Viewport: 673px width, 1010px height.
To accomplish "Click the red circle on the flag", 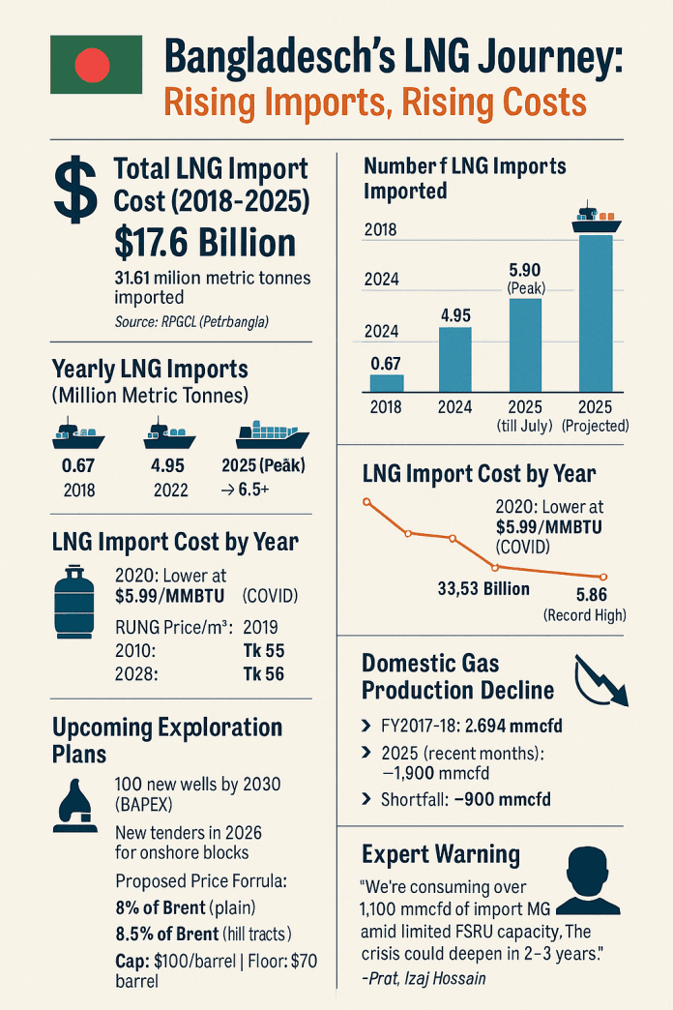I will pyautogui.click(x=92, y=65).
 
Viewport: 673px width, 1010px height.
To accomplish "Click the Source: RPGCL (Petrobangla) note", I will pyautogui.click(x=190, y=321).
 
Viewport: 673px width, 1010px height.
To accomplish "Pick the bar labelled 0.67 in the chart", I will pyautogui.click(x=387, y=382).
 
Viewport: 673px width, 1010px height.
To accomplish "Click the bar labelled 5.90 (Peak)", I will pyautogui.click(x=525, y=344).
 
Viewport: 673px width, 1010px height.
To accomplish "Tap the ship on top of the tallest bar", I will pyautogui.click(x=595, y=219).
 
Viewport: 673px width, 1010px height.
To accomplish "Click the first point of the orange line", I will pyautogui.click(x=366, y=501).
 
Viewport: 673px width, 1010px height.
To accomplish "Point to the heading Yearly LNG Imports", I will pyautogui.click(x=150, y=370).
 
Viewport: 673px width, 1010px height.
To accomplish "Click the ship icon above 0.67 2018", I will pyautogui.click(x=77, y=434).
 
